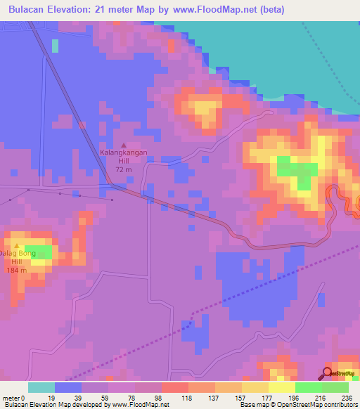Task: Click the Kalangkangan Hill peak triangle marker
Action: tap(124, 144)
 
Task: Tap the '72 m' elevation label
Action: tap(124, 170)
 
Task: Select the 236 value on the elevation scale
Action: tap(348, 398)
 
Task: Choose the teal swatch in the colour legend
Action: tap(41, 387)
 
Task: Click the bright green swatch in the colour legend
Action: tap(309, 387)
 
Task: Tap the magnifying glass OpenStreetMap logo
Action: tap(328, 373)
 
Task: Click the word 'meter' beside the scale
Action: tap(13, 398)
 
